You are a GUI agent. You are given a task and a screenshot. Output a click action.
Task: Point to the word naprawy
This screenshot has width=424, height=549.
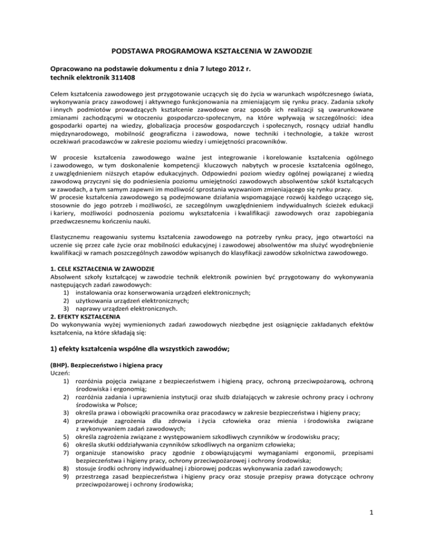coord(91,341)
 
